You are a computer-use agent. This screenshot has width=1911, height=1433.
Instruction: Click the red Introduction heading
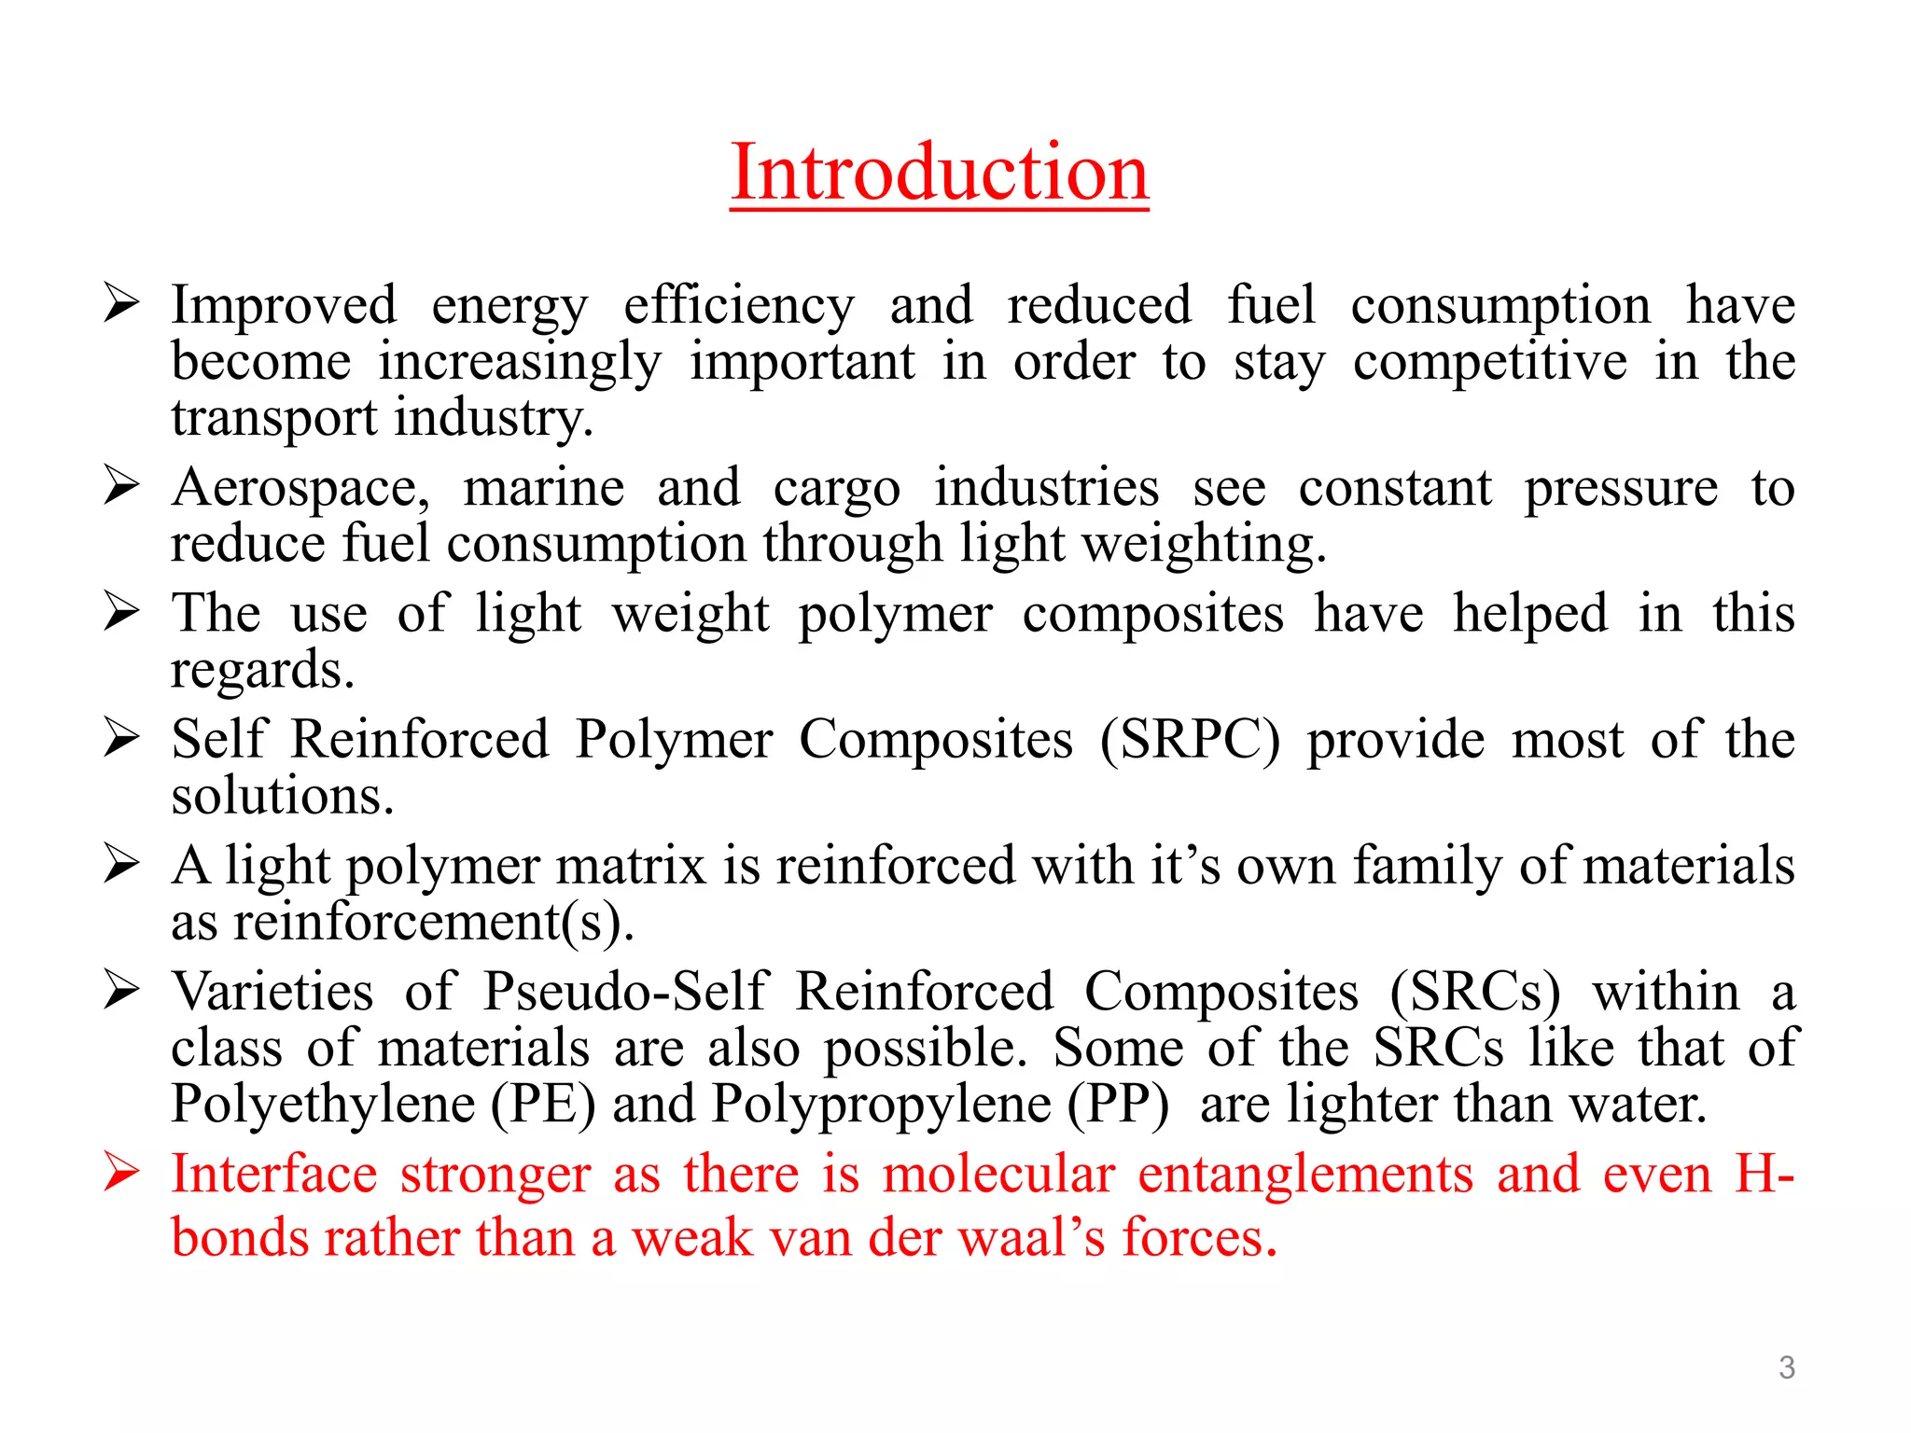[939, 173]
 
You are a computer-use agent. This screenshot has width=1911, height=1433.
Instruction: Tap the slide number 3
[1786, 1368]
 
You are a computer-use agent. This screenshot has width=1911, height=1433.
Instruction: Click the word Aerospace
[300, 488]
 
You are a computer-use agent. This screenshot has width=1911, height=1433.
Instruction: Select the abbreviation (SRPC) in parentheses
[1190, 740]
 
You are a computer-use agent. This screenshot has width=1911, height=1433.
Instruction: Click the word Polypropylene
[881, 1104]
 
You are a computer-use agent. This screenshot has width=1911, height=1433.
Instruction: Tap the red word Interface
[274, 1174]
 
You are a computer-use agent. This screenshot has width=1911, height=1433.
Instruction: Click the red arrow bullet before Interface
[122, 1172]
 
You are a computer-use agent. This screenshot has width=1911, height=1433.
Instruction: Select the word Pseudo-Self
[625, 991]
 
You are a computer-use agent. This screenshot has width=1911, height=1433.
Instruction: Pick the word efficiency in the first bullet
[738, 306]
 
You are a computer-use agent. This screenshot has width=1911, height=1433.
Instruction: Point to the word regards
[262, 671]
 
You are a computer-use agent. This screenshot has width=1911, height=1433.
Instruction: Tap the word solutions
[283, 796]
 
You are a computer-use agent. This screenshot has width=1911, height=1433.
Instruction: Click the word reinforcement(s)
[433, 923]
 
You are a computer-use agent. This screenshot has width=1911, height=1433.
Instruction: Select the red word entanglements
[1305, 1174]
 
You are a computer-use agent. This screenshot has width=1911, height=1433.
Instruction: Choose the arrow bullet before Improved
[122, 303]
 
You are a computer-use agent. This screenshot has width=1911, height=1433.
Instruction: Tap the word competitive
[1490, 362]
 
